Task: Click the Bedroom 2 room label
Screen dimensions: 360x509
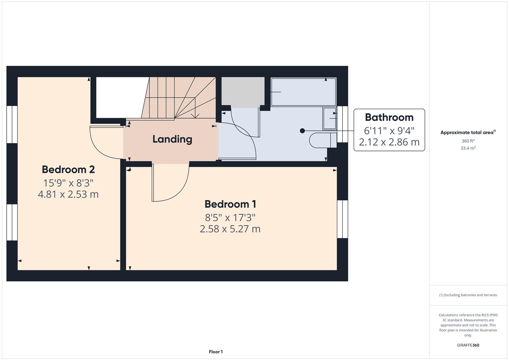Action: pyautogui.click(x=68, y=169)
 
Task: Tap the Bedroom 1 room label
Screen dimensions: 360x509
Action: pyautogui.click(x=230, y=204)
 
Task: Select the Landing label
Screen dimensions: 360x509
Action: pyautogui.click(x=172, y=139)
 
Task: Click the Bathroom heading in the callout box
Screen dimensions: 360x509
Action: pyautogui.click(x=389, y=117)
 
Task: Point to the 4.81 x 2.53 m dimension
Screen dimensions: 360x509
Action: pyautogui.click(x=68, y=194)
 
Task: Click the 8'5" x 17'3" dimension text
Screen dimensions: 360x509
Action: pyautogui.click(x=230, y=218)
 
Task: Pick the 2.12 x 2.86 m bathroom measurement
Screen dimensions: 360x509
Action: pyautogui.click(x=389, y=142)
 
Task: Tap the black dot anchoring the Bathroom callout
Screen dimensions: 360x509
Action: pyautogui.click(x=302, y=131)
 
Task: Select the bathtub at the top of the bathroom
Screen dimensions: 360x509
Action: pyautogui.click(x=303, y=92)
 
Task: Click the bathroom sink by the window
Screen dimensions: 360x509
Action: pyautogui.click(x=329, y=118)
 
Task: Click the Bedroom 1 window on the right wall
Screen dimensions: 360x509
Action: pyautogui.click(x=342, y=219)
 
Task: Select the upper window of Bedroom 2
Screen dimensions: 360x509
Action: pyautogui.click(x=12, y=125)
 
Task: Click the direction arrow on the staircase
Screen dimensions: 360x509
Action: pyautogui.click(x=195, y=115)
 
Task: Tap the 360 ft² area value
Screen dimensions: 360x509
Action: pyautogui.click(x=468, y=141)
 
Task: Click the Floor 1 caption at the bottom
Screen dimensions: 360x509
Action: pyautogui.click(x=216, y=352)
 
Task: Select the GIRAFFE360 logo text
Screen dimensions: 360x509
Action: pyautogui.click(x=468, y=345)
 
